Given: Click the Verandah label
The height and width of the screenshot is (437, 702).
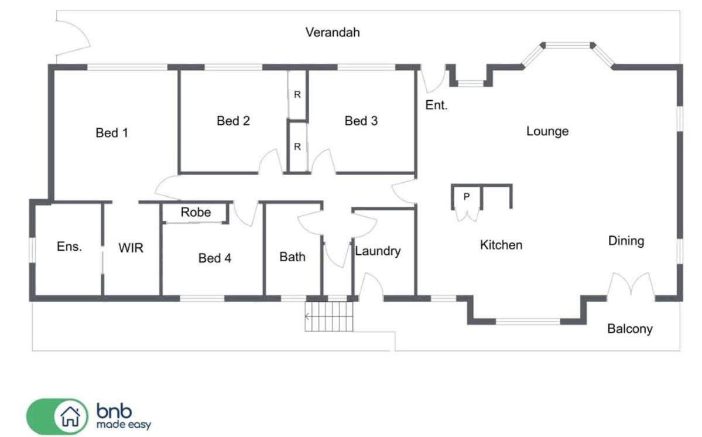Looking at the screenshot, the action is [333, 32].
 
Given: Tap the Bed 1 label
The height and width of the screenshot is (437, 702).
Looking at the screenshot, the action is [112, 132].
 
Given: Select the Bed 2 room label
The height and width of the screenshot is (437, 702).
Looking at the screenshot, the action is [233, 121].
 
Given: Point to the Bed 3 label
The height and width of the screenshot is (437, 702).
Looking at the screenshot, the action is [361, 121].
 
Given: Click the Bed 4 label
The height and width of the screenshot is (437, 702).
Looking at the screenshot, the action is [214, 258].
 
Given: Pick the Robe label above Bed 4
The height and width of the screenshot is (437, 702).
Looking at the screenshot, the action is [196, 212].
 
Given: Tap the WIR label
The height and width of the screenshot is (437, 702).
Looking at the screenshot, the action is [131, 248].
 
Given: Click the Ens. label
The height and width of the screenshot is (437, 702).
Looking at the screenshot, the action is [70, 246].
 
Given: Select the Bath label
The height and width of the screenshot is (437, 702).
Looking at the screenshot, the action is [292, 257].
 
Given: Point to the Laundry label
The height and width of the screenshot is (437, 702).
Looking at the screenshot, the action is [378, 251].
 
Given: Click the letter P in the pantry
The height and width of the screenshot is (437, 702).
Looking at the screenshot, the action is [467, 196].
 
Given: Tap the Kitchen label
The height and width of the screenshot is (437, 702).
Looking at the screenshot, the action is [501, 245].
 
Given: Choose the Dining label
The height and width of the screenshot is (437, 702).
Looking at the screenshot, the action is [626, 241].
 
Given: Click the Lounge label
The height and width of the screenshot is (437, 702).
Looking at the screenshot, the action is [547, 131].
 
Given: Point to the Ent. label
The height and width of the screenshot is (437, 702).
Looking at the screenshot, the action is [436, 105].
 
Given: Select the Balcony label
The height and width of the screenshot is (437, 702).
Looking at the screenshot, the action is [630, 329].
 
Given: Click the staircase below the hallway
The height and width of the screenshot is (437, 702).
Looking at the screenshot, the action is [328, 316].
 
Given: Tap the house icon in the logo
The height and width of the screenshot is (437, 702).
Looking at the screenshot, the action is [71, 416].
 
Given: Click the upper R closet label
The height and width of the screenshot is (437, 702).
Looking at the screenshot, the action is [297, 94].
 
